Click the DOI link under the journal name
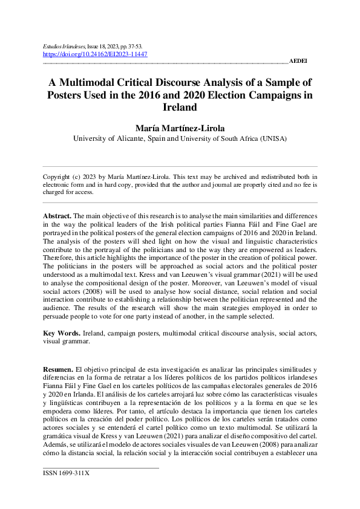95,54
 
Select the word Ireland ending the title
180,108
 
